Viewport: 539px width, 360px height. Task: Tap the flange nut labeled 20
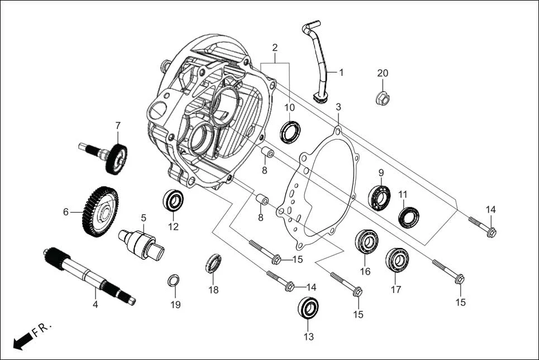(x=382, y=99)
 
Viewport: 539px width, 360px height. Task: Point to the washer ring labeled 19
(x=174, y=280)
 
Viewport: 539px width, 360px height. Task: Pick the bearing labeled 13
(x=308, y=308)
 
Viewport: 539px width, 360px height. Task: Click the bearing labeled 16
(x=366, y=241)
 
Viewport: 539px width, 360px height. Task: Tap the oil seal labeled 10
(x=290, y=131)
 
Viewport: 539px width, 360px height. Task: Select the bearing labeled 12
(x=173, y=200)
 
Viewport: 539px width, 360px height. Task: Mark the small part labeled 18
(x=213, y=263)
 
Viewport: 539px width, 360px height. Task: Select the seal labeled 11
(x=409, y=217)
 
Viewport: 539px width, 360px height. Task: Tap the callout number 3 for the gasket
(x=338, y=107)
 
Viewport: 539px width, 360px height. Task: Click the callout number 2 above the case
(x=275, y=47)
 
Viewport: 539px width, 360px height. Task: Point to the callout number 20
(x=382, y=73)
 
